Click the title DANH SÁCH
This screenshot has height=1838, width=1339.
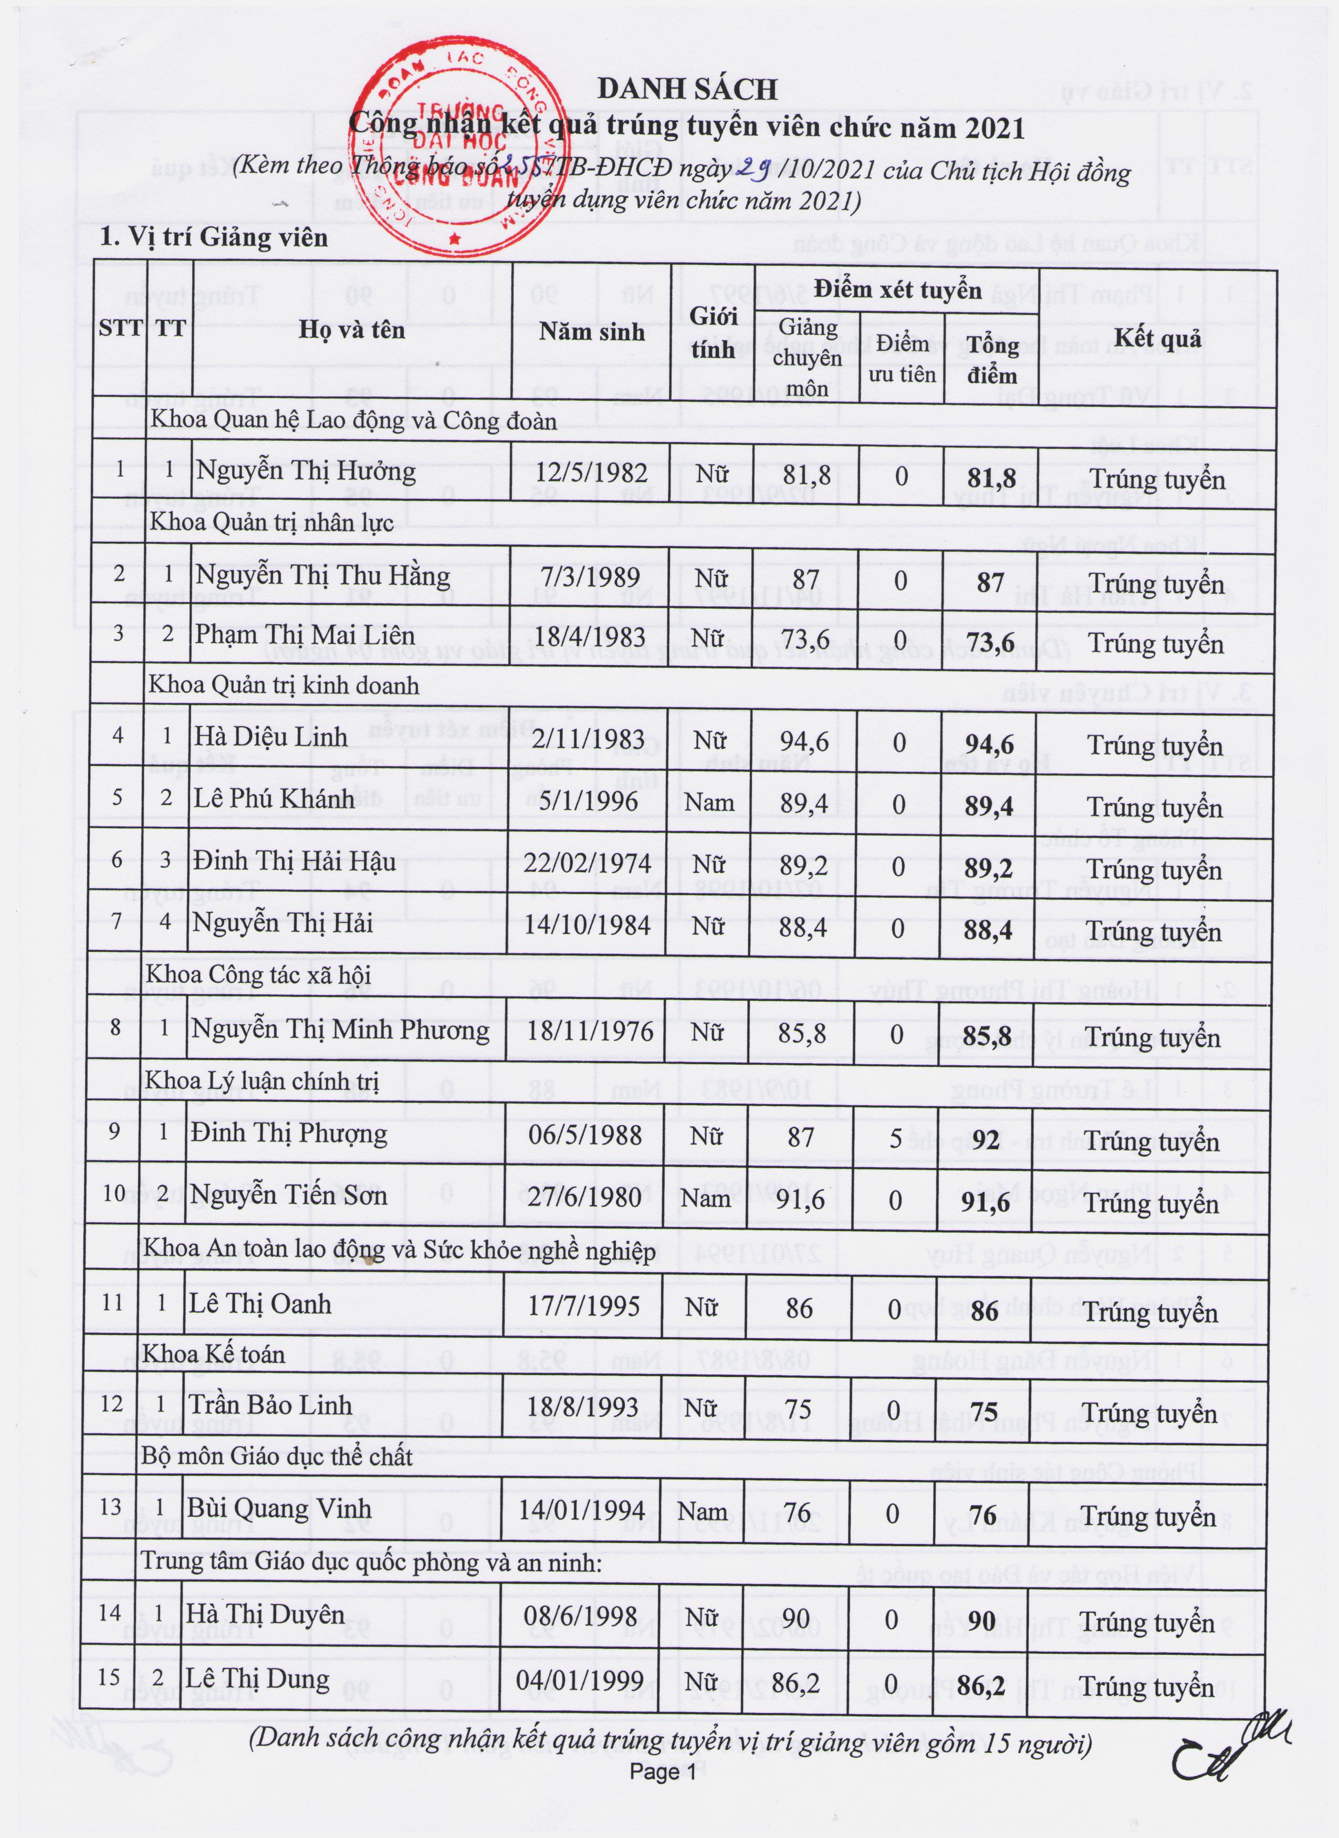tap(687, 89)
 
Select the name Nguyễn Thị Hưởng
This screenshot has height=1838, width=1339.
tap(306, 471)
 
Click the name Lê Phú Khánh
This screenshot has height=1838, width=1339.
tap(274, 798)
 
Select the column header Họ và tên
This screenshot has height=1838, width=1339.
tap(352, 330)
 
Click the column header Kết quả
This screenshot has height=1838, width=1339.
tap(1157, 338)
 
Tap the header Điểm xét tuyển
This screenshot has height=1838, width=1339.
tap(898, 290)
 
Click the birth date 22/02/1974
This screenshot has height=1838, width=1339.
tap(587, 862)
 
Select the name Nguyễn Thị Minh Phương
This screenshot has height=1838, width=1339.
tap(340, 1030)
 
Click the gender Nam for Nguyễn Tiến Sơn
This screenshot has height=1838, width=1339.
tap(705, 1197)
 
